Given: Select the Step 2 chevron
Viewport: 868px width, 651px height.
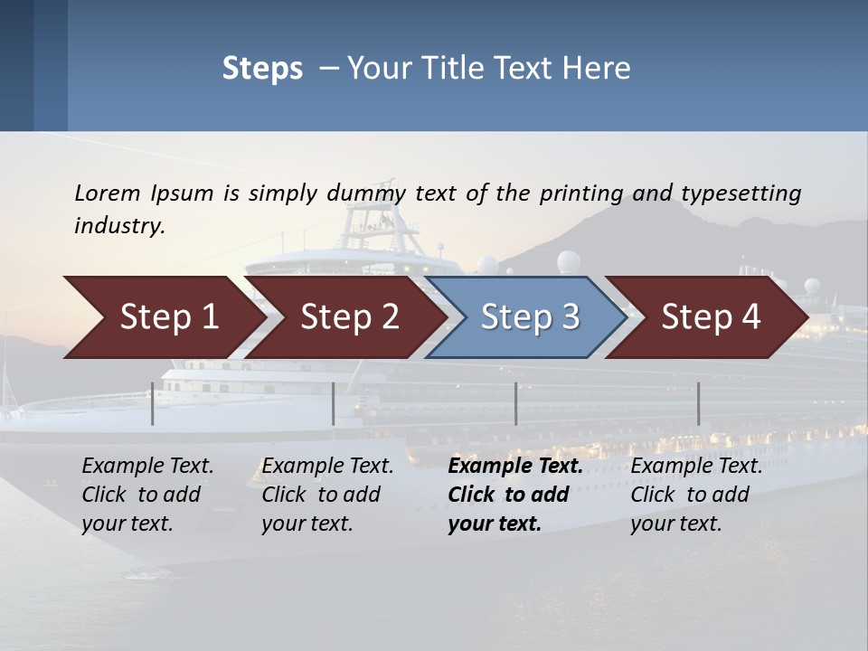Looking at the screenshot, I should (348, 317).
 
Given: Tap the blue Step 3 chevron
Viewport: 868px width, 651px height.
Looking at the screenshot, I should (529, 317).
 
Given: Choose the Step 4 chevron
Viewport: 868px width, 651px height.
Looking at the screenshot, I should (710, 317).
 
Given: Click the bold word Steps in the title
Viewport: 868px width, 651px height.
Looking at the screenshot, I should (262, 69).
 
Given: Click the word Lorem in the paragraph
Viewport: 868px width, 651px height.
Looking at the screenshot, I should (108, 193).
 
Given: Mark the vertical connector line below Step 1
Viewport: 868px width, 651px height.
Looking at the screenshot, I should (153, 403).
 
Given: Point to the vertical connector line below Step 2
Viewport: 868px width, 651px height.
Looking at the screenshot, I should (334, 403).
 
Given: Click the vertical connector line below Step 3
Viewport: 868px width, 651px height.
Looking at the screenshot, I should (515, 403).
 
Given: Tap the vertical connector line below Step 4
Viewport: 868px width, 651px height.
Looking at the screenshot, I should (698, 403).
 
